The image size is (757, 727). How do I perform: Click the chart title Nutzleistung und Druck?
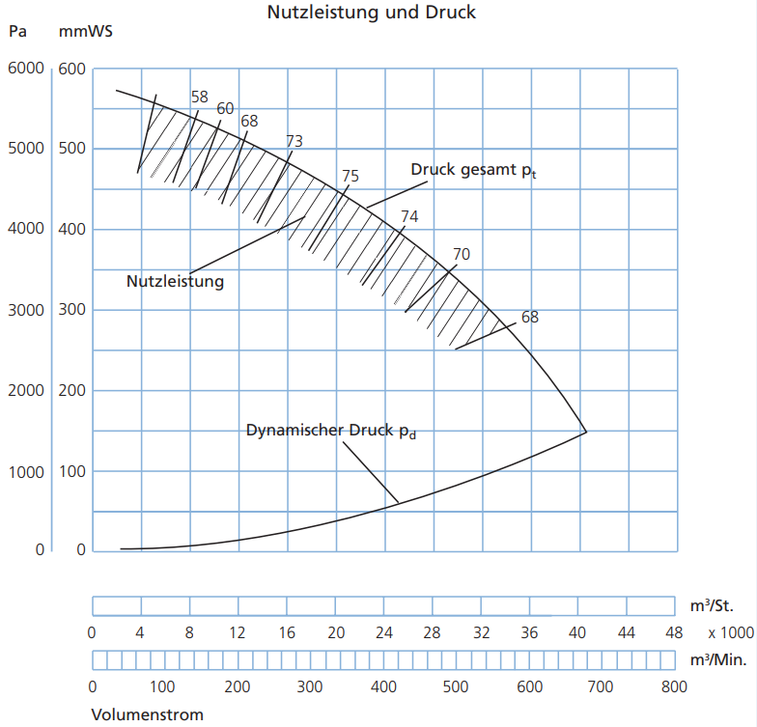[x=371, y=12]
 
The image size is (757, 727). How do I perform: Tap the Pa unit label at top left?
[x=17, y=31]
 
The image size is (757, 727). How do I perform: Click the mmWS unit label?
[x=85, y=31]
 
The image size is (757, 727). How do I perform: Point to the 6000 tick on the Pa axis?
[x=26, y=68]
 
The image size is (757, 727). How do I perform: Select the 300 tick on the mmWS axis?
[x=71, y=309]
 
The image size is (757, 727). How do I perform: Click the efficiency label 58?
[x=199, y=97]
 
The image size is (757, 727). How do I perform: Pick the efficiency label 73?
[x=294, y=141]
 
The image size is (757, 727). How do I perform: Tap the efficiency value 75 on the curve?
[x=350, y=176]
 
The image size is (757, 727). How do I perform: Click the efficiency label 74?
[x=409, y=216]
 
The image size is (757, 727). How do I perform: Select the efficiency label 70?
[x=462, y=254]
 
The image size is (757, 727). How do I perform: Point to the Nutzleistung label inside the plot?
[x=176, y=281]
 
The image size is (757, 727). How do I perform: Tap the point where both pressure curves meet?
[x=586, y=432]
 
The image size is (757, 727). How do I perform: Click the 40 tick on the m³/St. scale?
[x=577, y=632]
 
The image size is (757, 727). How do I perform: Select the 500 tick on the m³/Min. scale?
[x=456, y=686]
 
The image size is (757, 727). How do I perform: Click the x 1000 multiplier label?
[x=731, y=632]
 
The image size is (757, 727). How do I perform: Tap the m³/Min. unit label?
[x=718, y=659]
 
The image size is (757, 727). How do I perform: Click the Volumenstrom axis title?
[x=147, y=714]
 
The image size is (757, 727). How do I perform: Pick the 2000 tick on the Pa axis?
[x=26, y=390]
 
